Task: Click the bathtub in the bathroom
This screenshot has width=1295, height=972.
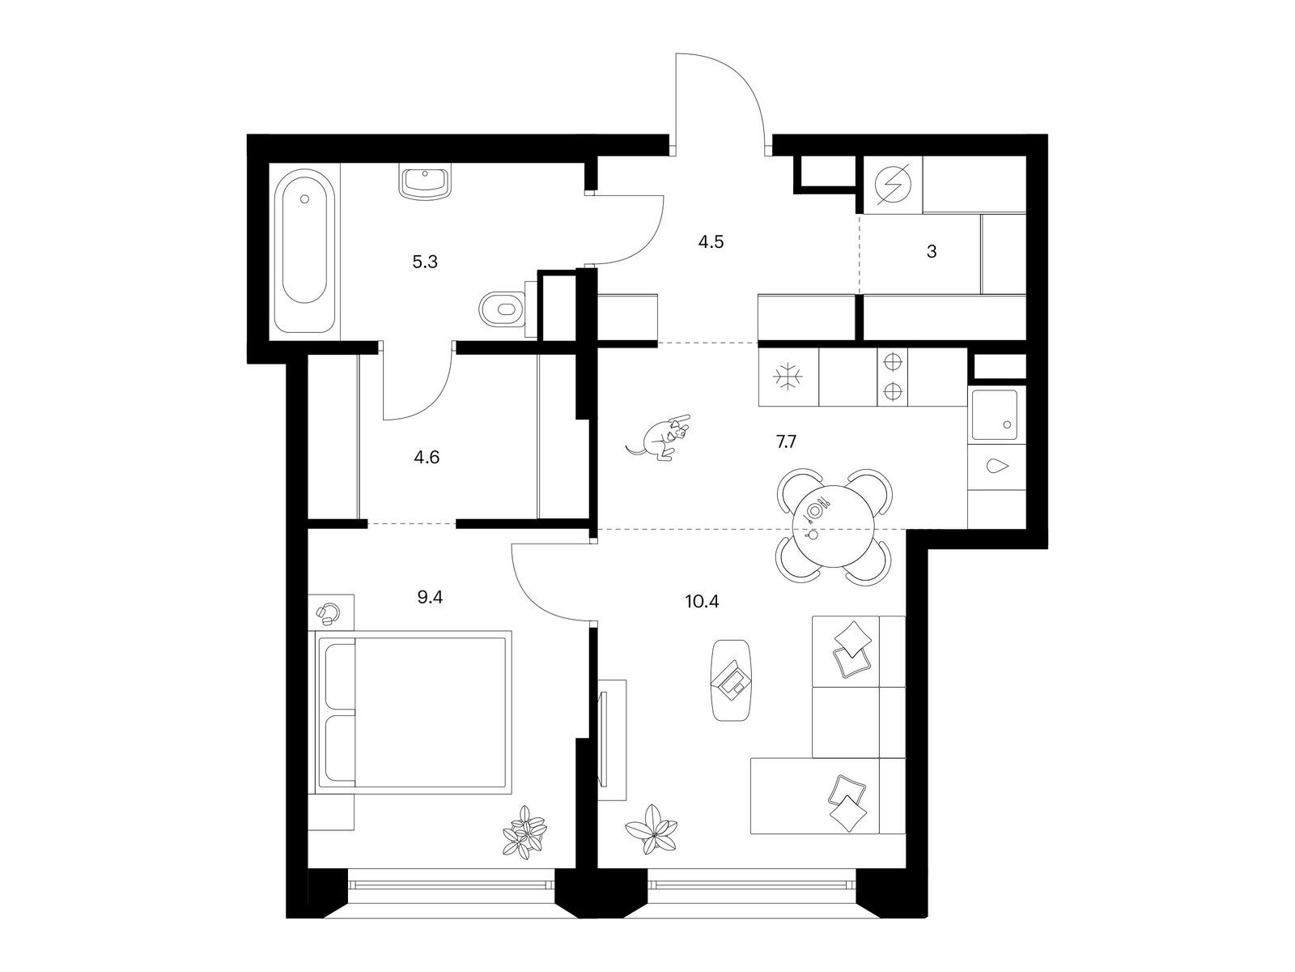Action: pyautogui.click(x=304, y=250)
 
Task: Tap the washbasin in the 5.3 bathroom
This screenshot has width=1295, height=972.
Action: pyautogui.click(x=425, y=182)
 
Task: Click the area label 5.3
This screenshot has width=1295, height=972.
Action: pyautogui.click(x=425, y=262)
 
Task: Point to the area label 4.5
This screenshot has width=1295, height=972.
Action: pyautogui.click(x=711, y=241)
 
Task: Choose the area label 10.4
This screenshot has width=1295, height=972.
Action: pyautogui.click(x=702, y=602)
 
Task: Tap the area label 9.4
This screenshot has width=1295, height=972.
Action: pyautogui.click(x=430, y=597)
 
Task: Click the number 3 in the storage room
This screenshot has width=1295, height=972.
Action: pyautogui.click(x=932, y=252)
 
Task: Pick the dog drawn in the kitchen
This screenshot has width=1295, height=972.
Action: pyautogui.click(x=658, y=437)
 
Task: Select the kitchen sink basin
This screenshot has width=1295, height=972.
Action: pyautogui.click(x=995, y=415)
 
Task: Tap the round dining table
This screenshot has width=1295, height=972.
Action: pyautogui.click(x=833, y=526)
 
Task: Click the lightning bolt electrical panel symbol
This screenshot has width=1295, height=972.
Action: pyautogui.click(x=893, y=184)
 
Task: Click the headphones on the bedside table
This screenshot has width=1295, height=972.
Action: pyautogui.click(x=328, y=614)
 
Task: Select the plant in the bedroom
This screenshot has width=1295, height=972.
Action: pyautogui.click(x=524, y=832)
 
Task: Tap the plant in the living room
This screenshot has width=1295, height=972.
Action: pyautogui.click(x=652, y=829)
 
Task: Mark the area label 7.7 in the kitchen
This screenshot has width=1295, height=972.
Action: pyautogui.click(x=787, y=441)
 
